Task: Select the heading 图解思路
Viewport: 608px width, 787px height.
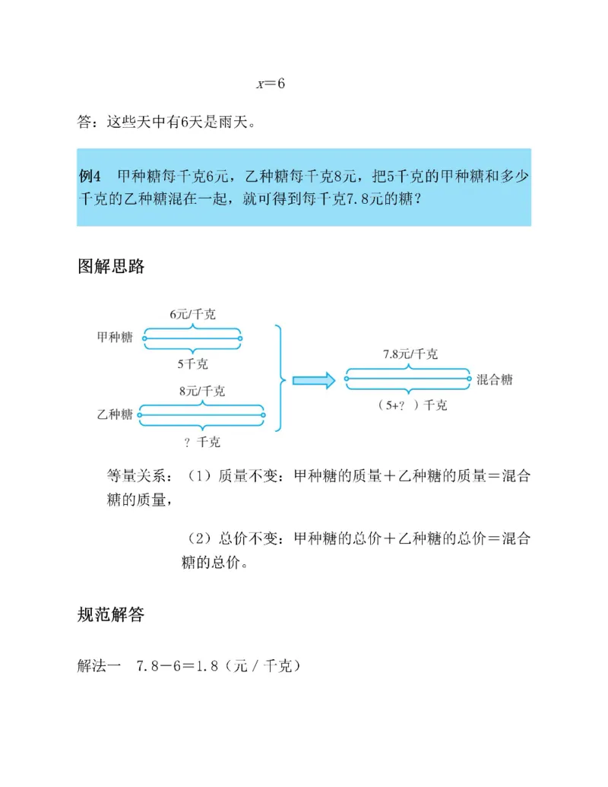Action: pos(111,267)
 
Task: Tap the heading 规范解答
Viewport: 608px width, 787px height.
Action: pos(111,614)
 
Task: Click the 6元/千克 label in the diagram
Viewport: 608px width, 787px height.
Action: pos(192,314)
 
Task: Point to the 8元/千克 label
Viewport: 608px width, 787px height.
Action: pos(201,392)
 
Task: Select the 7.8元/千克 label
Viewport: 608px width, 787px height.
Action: pos(410,354)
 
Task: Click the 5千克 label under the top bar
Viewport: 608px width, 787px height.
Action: pos(192,363)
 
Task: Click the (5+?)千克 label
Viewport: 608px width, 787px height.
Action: pos(411,405)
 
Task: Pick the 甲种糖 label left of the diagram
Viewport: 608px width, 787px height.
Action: pos(115,338)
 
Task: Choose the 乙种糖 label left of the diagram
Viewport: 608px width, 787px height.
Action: pos(115,414)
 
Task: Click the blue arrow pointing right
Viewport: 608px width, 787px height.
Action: pos(314,380)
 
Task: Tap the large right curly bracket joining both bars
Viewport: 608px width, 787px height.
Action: pos(281,378)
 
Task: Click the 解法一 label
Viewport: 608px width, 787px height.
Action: pos(100,666)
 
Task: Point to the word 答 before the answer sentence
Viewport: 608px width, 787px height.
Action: pos(84,122)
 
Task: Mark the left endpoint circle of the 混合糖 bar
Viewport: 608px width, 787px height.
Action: pos(348,379)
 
